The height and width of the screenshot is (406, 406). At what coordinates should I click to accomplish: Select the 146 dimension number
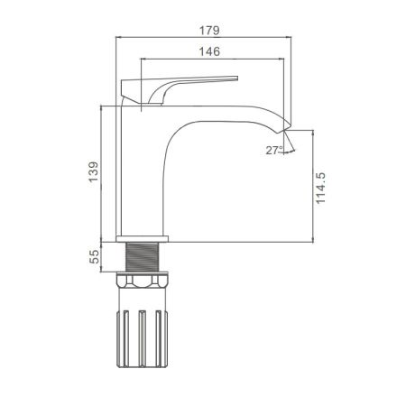(x=209, y=53)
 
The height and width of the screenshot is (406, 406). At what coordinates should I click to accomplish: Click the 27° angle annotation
(x=273, y=151)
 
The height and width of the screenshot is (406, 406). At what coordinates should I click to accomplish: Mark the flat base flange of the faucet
(x=143, y=238)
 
